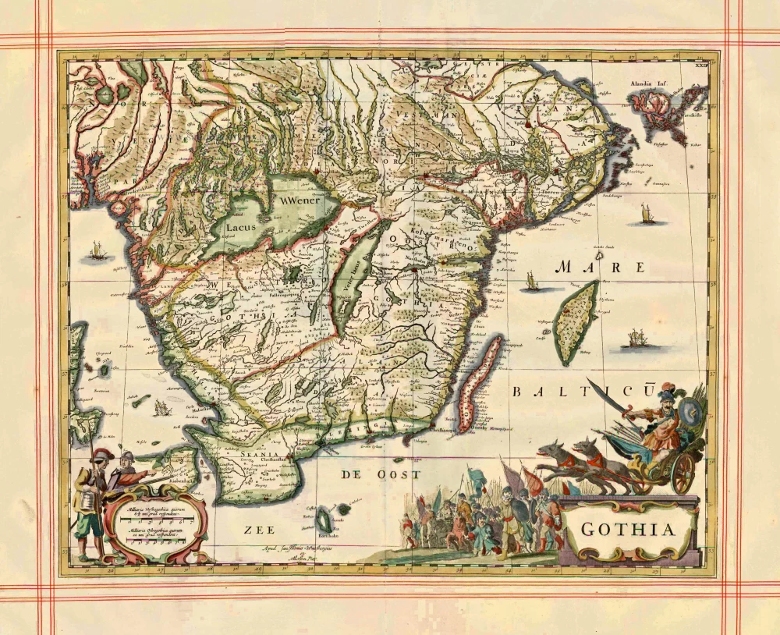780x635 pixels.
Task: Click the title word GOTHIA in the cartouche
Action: coord(628,530)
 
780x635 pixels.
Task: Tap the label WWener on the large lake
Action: coord(301,198)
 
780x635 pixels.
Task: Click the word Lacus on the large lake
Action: coord(240,228)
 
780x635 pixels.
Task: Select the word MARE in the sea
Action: coord(600,268)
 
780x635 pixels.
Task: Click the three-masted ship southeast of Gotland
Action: coord(636,339)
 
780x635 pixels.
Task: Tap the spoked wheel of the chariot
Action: coord(682,472)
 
